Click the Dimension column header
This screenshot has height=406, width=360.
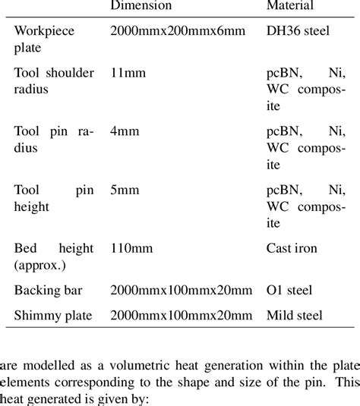[x=141, y=6]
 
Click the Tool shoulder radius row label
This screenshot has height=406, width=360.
[x=54, y=80]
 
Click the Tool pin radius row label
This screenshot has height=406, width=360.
[x=54, y=138]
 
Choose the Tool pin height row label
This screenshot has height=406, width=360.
[x=54, y=197]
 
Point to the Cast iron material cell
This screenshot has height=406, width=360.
[x=292, y=247]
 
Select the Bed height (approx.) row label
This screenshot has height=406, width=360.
[x=54, y=254]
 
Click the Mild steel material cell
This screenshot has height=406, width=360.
[x=295, y=314]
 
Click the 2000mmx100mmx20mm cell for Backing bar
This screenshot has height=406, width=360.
[x=181, y=290]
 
